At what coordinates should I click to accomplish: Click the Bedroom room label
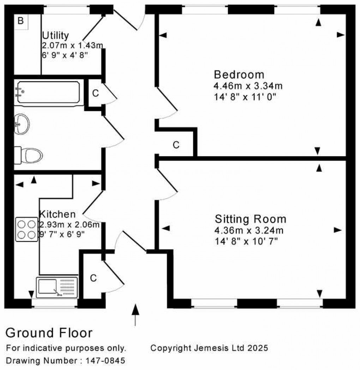pyautogui.click(x=239, y=75)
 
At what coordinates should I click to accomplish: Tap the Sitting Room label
pyautogui.click(x=250, y=219)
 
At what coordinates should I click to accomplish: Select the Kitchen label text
pyautogui.click(x=57, y=214)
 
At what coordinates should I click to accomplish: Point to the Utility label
pyautogui.click(x=55, y=35)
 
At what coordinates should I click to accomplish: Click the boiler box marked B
pyautogui.click(x=21, y=21)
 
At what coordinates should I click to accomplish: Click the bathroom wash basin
pyautogui.click(x=22, y=124)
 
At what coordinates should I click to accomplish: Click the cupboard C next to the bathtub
pyautogui.click(x=95, y=94)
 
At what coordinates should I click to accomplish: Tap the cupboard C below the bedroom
pyautogui.click(x=176, y=145)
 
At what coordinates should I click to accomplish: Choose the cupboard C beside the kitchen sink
pyautogui.click(x=93, y=278)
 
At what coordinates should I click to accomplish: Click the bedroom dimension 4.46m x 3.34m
pyautogui.click(x=248, y=86)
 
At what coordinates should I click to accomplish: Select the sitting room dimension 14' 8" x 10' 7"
pyautogui.click(x=246, y=242)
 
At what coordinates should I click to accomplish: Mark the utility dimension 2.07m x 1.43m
pyautogui.click(x=72, y=45)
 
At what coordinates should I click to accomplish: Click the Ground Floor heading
pyautogui.click(x=49, y=333)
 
